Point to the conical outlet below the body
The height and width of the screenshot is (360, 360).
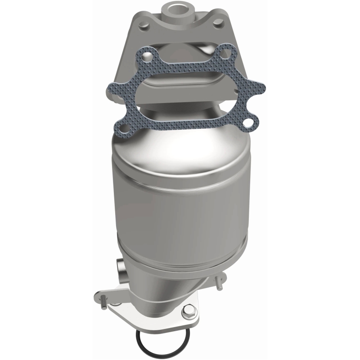coord(180,288)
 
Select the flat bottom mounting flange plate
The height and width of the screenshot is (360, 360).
coord(148,315)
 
